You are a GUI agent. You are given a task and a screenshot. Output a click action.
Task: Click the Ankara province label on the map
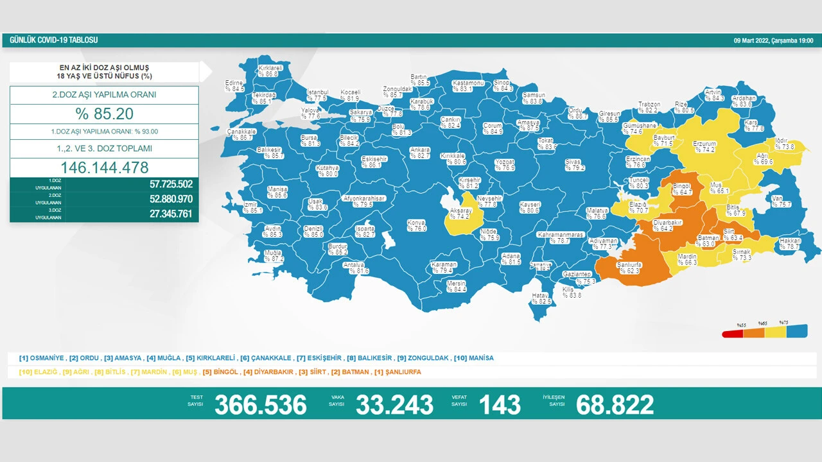(419, 153)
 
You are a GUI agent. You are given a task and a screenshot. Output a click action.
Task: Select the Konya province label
(416, 225)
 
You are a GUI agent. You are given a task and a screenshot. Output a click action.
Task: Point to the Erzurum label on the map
(704, 147)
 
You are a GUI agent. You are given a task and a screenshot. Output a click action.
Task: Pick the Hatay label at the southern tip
(541, 298)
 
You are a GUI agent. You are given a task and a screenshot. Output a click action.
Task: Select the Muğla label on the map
(274, 256)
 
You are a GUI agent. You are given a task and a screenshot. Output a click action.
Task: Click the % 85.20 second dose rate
(104, 114)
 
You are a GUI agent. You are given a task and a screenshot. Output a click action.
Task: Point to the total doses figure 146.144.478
(104, 167)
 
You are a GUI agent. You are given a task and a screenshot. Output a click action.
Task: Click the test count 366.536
(260, 404)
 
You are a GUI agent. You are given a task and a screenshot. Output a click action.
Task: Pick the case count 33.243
(394, 404)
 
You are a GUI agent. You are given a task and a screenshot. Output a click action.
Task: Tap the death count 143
(500, 404)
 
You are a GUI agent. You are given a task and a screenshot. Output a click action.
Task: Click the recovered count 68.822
(615, 404)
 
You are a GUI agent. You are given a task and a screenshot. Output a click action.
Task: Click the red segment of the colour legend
(733, 333)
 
